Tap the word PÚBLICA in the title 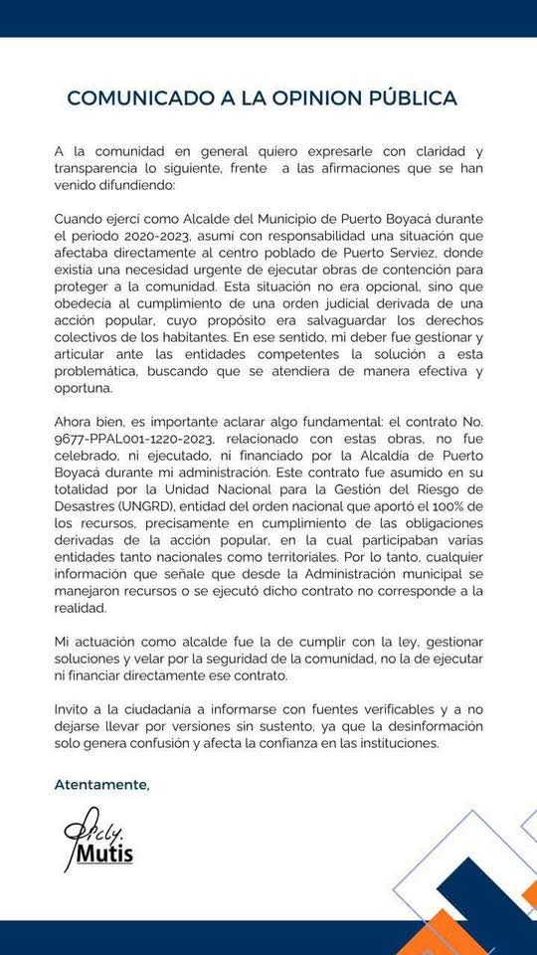click(415, 97)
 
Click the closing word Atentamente click(101, 784)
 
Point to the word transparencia click(101, 169)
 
